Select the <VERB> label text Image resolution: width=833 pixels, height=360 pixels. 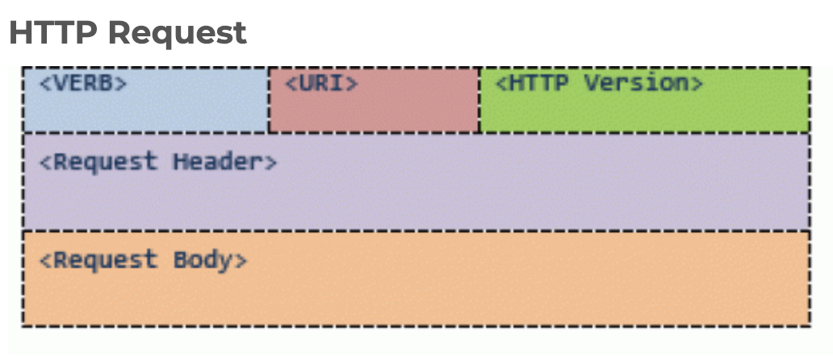coord(83,83)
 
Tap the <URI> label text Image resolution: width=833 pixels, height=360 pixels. coord(321,83)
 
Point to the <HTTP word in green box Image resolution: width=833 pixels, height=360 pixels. coord(534,83)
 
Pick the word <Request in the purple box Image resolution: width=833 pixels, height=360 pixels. coord(98,161)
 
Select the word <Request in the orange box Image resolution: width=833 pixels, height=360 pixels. coord(98,261)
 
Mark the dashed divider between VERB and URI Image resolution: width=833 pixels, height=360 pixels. coord(269,101)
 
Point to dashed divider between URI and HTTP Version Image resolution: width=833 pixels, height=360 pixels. coord(479,101)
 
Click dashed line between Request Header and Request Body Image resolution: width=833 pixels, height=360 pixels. coord(416,230)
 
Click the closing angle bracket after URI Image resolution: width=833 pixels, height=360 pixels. coord(352,83)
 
